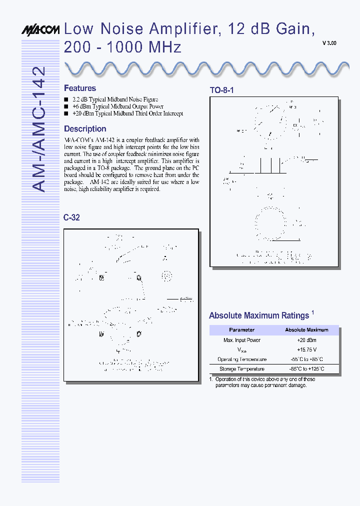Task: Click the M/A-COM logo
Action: pos(40,30)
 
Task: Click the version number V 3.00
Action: pos(329,43)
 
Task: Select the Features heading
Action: pos(80,88)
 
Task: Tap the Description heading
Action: pos(85,128)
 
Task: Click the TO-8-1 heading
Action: pos(221,90)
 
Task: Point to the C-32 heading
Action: pos(71,217)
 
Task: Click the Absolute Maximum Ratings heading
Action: pos(259,315)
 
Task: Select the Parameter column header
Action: pos(241,330)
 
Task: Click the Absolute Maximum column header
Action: pos(306,330)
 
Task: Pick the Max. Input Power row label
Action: pos(241,340)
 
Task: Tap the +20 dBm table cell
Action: pos(306,340)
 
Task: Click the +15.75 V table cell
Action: pos(306,349)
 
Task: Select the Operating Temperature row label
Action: pos(241,359)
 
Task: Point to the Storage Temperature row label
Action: pos(241,369)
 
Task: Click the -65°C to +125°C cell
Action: pos(306,369)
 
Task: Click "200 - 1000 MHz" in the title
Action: pos(122,47)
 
